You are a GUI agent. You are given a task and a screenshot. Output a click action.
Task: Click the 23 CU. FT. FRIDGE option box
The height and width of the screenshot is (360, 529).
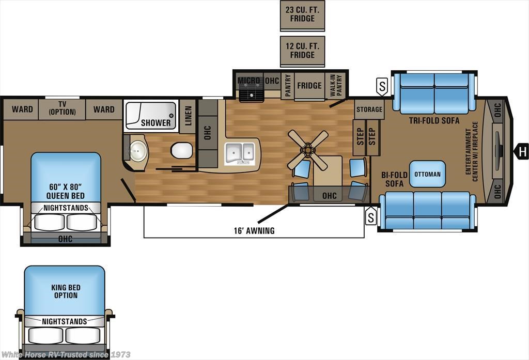pyautogui.click(x=302, y=15)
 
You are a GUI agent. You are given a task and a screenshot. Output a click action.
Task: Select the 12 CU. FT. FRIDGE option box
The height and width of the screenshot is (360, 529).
pyautogui.click(x=302, y=51)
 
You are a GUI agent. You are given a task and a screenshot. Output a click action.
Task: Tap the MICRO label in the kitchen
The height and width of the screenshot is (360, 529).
pyautogui.click(x=249, y=81)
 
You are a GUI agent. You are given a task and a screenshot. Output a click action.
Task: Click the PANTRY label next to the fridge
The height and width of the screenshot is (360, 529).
pyautogui.click(x=288, y=86)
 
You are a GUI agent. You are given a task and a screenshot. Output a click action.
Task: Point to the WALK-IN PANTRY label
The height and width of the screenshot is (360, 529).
pyautogui.click(x=336, y=86)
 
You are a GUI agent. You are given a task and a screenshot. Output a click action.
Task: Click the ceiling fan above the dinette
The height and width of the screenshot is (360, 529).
pyautogui.click(x=308, y=150)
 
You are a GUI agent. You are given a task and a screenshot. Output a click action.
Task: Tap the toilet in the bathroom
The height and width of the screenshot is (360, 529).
pyautogui.click(x=181, y=150)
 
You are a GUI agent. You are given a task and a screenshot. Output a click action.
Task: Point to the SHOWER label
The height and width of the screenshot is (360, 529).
pyautogui.click(x=156, y=122)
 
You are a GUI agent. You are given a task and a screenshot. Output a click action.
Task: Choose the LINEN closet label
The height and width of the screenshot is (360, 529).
pyautogui.click(x=188, y=116)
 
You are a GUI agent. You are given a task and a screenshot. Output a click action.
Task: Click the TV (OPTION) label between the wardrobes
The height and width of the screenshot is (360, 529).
pyautogui.click(x=63, y=108)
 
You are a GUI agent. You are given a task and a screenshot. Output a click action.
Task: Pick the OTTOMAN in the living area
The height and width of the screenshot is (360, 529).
pyautogui.click(x=427, y=174)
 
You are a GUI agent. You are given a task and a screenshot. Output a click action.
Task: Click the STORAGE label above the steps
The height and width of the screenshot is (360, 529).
pyautogui.click(x=369, y=109)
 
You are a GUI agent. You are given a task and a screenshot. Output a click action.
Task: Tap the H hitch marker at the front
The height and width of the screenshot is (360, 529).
pyautogui.click(x=522, y=152)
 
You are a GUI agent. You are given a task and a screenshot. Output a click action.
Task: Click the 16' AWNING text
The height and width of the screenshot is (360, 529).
pyautogui.click(x=254, y=231)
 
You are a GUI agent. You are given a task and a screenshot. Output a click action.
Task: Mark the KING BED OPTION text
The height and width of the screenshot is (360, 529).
pyautogui.click(x=66, y=291)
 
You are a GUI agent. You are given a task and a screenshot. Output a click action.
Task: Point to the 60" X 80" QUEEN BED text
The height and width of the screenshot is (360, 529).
pyautogui.click(x=66, y=191)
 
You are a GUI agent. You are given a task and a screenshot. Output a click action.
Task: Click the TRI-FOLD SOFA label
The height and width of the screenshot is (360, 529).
pyautogui.click(x=434, y=120)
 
